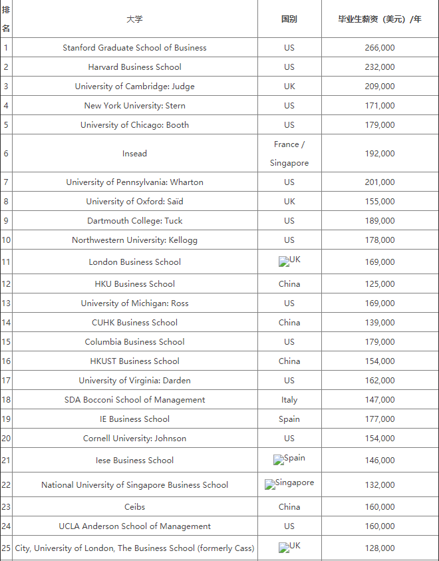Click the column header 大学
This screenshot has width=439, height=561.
click(x=134, y=19)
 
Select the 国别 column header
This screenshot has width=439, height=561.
click(x=289, y=19)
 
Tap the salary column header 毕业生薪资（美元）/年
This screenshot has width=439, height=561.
click(x=380, y=19)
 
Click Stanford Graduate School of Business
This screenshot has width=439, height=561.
click(x=134, y=48)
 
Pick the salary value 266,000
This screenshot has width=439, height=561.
click(x=380, y=48)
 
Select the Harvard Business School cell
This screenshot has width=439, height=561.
click(x=134, y=67)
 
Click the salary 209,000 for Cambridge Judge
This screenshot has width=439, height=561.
click(x=380, y=87)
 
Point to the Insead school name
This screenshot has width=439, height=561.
click(x=134, y=154)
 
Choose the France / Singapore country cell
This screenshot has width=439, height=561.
click(x=289, y=154)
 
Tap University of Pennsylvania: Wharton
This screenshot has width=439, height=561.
click(x=134, y=182)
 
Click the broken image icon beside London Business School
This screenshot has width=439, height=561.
click(x=284, y=262)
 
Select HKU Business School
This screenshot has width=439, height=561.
click(x=134, y=284)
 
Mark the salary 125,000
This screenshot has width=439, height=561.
click(x=380, y=284)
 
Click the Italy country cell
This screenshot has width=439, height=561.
click(x=289, y=400)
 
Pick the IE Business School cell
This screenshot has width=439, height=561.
click(x=134, y=419)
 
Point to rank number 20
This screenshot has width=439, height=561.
click(x=6, y=439)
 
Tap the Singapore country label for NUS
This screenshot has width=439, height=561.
click(x=294, y=483)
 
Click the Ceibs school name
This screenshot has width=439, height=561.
click(x=134, y=507)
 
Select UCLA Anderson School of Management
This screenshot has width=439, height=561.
click(x=134, y=526)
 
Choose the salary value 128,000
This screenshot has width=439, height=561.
click(x=380, y=548)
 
